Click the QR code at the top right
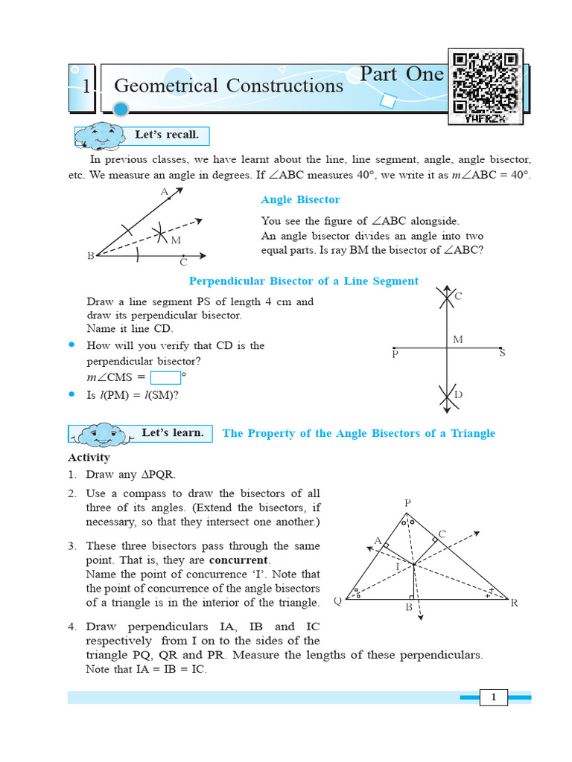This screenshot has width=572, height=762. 486,86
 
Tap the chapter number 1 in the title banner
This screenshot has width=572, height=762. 86,87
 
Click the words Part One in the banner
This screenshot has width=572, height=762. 401,74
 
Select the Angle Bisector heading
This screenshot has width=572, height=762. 300,199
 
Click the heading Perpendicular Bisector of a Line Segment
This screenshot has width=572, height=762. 303,281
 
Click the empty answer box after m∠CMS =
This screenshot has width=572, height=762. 165,377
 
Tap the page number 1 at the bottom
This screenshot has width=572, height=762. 493,697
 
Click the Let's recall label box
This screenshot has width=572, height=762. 166,135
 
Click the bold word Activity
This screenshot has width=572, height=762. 89,458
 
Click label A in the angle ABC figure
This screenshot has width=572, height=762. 165,191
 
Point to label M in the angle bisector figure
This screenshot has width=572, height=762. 176,240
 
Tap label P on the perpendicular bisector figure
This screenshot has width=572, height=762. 395,355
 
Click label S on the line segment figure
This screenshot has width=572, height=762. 502,353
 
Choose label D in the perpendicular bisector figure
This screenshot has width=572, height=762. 459,394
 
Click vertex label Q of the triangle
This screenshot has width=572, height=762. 337,601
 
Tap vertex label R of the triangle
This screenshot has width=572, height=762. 514,602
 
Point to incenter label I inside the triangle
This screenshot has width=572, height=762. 397,566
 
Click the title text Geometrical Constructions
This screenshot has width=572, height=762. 229,86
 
